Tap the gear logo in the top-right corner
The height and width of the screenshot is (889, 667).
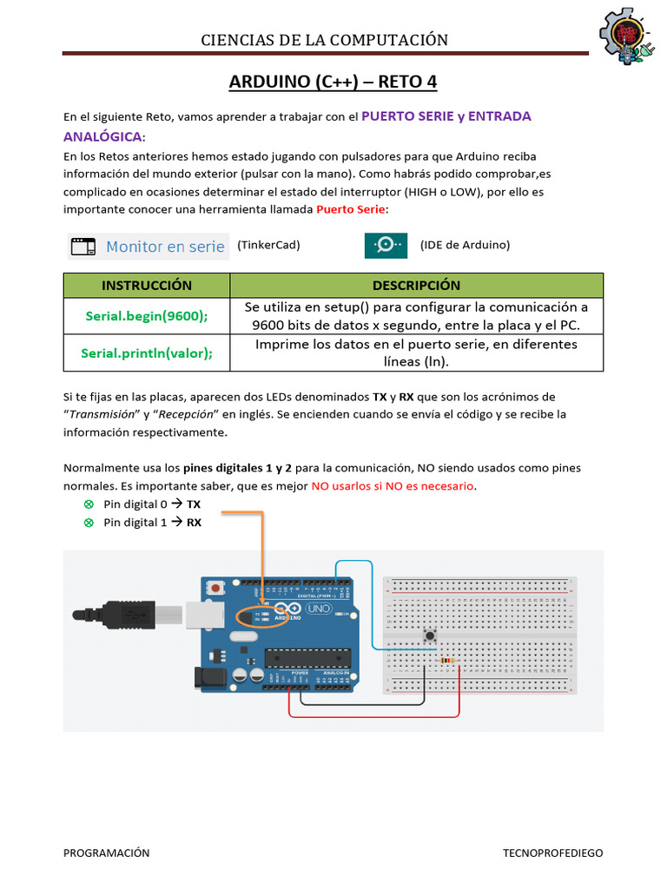[625, 39]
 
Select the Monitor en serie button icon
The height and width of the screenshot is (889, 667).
[83, 246]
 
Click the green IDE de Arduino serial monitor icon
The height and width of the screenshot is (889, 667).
[386, 246]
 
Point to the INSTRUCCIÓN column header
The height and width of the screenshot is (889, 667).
[147, 286]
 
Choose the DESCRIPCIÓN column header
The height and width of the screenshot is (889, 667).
[416, 286]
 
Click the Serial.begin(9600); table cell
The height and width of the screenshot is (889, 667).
[147, 316]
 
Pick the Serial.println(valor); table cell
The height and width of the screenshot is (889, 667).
[147, 353]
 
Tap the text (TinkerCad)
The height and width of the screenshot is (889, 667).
[268, 245]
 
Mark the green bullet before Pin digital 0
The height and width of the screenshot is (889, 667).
[88, 504]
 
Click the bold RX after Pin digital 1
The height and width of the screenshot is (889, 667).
[194, 523]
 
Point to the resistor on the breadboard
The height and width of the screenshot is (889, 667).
[448, 662]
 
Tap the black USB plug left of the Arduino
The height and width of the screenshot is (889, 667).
[130, 615]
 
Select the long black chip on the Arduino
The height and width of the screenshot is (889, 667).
[306, 659]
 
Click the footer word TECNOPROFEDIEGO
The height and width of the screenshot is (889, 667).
[552, 853]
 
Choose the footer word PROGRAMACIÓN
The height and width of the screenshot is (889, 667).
[106, 853]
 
